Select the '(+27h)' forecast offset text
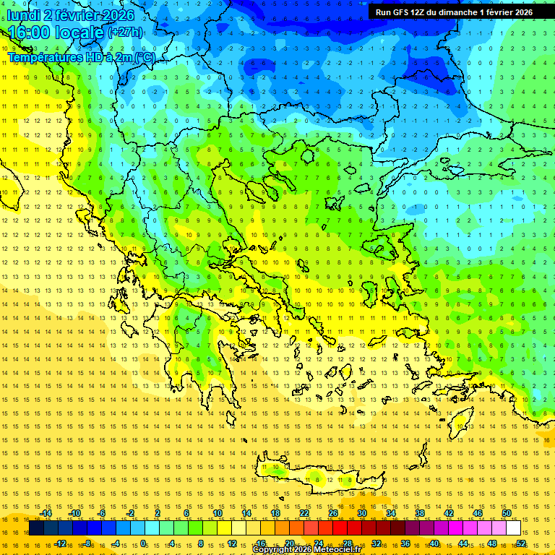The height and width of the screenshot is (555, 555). click(125, 33)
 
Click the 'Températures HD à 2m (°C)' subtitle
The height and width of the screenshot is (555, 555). click(82, 56)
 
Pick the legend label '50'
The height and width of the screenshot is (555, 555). click(507, 513)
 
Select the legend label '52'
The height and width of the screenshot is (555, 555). click(521, 543)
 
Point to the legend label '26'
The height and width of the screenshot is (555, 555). click(333, 513)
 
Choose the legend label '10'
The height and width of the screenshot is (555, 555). click(218, 513)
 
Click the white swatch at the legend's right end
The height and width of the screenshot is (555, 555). click(513, 528)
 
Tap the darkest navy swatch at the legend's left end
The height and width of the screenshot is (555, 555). click(36, 528)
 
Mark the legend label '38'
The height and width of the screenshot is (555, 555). click(420, 513)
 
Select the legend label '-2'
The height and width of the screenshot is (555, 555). click(131, 513)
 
